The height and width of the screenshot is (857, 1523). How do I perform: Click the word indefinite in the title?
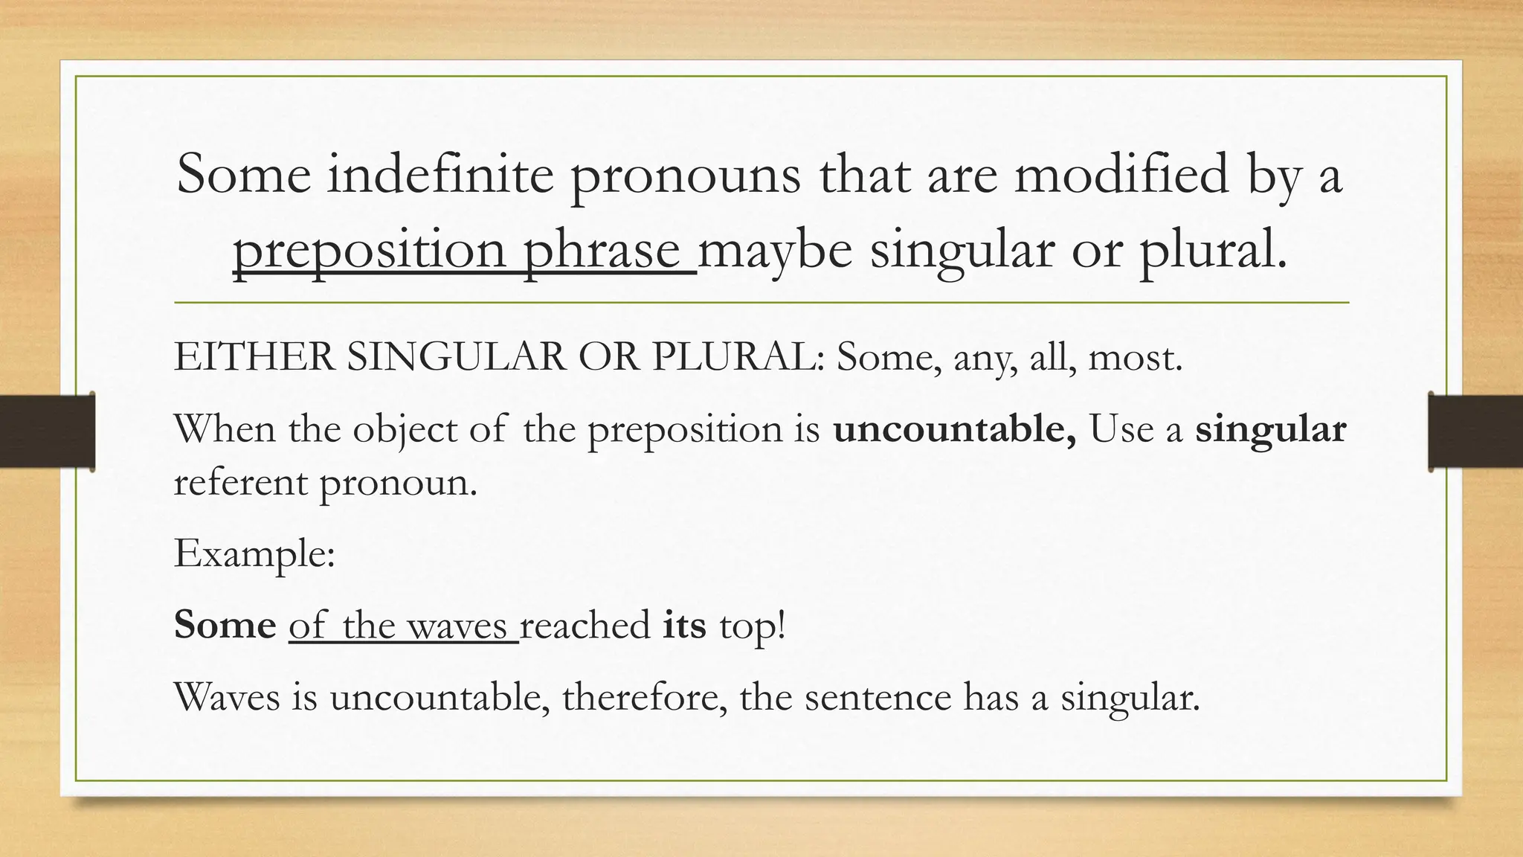point(441,174)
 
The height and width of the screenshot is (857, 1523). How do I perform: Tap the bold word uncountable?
point(954,429)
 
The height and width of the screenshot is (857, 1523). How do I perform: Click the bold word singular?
point(1270,429)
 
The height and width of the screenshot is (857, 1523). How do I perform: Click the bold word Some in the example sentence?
point(225,624)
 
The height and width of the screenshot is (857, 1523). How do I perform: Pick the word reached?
point(585,624)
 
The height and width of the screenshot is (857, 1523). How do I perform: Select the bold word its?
point(684,624)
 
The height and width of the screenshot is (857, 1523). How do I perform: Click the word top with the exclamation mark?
point(752,626)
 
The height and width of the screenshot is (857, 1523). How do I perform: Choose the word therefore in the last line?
point(644,697)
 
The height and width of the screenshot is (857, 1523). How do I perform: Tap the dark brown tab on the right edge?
point(1475,431)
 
